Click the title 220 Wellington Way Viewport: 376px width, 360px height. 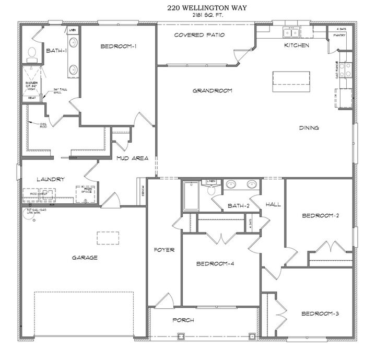click(x=192, y=8)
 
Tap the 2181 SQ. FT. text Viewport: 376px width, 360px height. click(x=192, y=15)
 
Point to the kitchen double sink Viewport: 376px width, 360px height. click(x=290, y=33)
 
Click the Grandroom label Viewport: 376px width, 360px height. click(x=212, y=90)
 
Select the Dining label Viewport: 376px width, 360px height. click(x=309, y=128)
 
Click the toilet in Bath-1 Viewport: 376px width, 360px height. click(x=32, y=52)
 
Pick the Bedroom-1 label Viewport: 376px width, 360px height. click(x=118, y=47)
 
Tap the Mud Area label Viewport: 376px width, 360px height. click(x=133, y=158)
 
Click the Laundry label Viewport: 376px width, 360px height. click(x=51, y=179)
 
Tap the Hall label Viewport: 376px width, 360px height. click(x=273, y=204)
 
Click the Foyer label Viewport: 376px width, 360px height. click(x=164, y=250)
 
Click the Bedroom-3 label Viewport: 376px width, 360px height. click(x=320, y=313)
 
